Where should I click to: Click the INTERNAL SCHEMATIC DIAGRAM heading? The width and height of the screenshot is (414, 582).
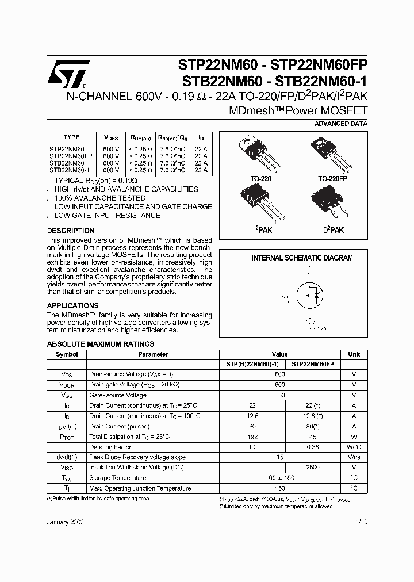(x=302, y=258)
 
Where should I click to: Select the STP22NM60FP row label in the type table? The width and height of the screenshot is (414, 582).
(x=71, y=156)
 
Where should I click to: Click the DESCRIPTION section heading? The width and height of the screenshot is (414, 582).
(x=70, y=231)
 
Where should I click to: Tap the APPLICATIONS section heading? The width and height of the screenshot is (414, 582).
(x=72, y=305)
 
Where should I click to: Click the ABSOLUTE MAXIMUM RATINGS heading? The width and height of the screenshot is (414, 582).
(x=100, y=344)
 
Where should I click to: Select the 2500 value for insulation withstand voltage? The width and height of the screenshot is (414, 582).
(x=313, y=468)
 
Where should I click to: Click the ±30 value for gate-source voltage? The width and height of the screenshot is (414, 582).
(x=280, y=395)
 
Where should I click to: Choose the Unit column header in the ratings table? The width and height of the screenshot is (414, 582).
(x=354, y=354)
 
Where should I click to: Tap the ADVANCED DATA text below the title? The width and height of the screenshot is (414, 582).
(x=341, y=124)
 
